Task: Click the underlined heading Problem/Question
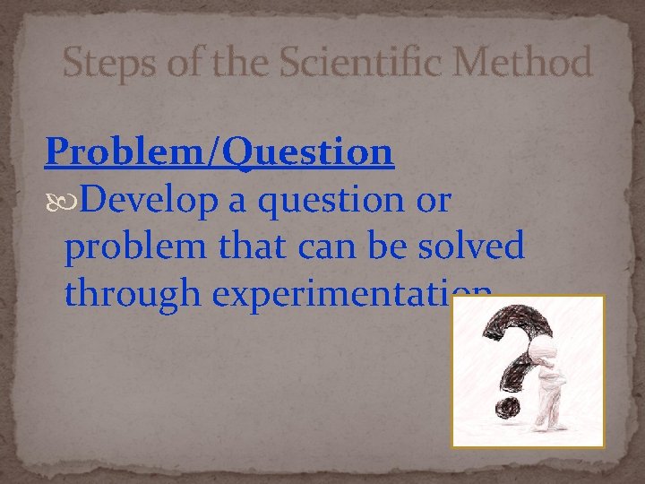[x=219, y=152]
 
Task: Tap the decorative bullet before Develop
[x=55, y=203]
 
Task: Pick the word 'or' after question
[x=429, y=203]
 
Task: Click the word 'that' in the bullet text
[x=229, y=246]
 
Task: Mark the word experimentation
[x=331, y=292]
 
